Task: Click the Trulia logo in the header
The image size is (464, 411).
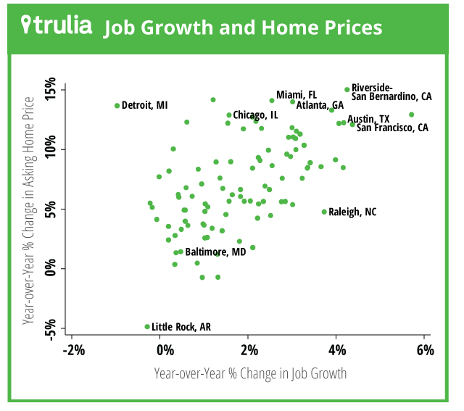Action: pos(57,27)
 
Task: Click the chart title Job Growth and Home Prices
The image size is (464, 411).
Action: pos(243,28)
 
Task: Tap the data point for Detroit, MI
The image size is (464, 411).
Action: pos(117,106)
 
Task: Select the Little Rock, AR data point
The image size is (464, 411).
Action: pos(147,327)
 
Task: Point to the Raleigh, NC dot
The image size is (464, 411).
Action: pos(324,212)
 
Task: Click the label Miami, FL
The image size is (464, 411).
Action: pos(297,95)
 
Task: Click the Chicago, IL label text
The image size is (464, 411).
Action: pos(255,115)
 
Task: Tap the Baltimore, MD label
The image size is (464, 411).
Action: pos(216,252)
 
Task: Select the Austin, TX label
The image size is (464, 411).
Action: pos(368,119)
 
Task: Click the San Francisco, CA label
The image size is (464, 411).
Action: pos(392,128)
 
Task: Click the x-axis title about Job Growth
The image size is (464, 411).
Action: pos(250,374)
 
